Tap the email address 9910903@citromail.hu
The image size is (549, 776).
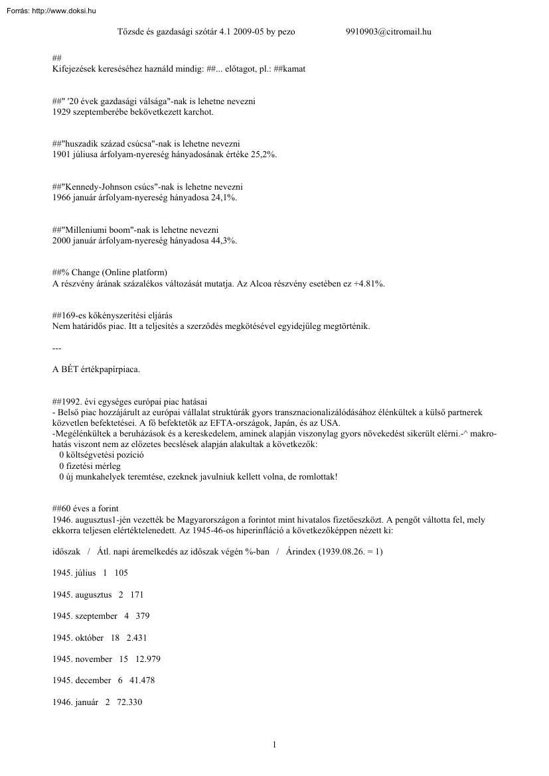point(388,31)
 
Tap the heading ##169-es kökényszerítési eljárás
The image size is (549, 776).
point(116,316)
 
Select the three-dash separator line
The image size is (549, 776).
point(56,348)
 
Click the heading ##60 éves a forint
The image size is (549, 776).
point(86,509)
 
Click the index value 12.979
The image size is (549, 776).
point(147,659)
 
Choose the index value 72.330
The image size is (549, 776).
point(129,702)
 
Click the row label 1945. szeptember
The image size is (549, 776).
point(85,616)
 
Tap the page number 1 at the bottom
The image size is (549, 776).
point(274,745)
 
